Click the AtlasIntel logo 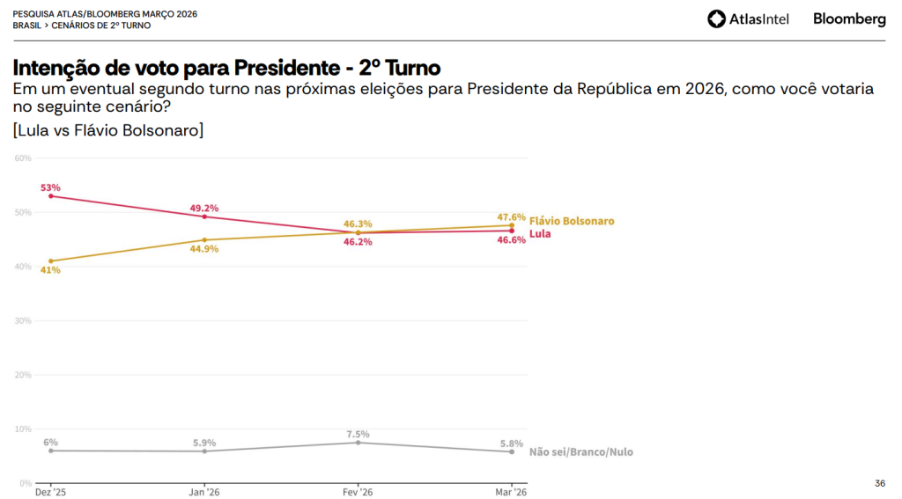coord(748,18)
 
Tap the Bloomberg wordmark coord(849,18)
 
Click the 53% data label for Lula coord(49,187)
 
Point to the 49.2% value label coord(204,208)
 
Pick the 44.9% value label coord(204,249)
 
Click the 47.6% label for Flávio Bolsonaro coord(511,216)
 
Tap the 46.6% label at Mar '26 coord(511,239)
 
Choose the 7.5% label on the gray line coord(358,434)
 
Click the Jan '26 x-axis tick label coord(204,491)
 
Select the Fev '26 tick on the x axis coord(358,491)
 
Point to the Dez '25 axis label coord(50,491)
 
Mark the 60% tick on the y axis coord(23,158)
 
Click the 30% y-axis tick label coord(23,321)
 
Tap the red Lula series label coord(540,235)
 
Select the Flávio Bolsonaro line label coord(572,221)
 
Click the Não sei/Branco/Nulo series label coord(580,452)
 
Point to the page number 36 coord(880,483)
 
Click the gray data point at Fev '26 coord(358,443)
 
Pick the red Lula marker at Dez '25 coord(51,196)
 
